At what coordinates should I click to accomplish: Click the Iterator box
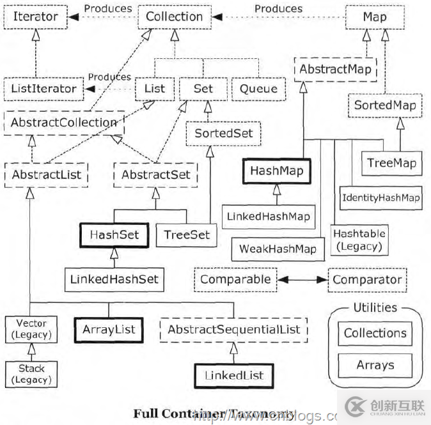pyautogui.click(x=36, y=17)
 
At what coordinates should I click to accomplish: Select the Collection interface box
pyautogui.click(x=174, y=17)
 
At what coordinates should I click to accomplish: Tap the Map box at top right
pyautogui.click(x=374, y=17)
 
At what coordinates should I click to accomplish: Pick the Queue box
pyautogui.click(x=258, y=89)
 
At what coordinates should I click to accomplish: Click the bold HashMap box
pyautogui.click(x=276, y=171)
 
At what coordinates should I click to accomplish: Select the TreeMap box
pyautogui.click(x=391, y=163)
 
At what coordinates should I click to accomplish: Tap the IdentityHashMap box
pyautogui.click(x=380, y=197)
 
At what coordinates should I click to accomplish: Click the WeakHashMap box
pyautogui.click(x=278, y=249)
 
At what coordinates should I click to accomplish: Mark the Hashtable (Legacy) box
pyautogui.click(x=359, y=240)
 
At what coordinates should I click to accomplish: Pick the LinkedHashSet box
pyautogui.click(x=114, y=279)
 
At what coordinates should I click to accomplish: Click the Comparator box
pyautogui.click(x=366, y=280)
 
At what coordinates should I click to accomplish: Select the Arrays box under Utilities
pyautogui.click(x=375, y=366)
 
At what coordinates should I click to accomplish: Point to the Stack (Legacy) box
pyautogui.click(x=31, y=374)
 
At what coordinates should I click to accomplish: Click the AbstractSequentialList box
pyautogui.click(x=233, y=330)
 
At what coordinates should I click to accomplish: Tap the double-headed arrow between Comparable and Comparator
pyautogui.click(x=302, y=280)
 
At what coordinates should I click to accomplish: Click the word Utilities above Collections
pyautogui.click(x=375, y=308)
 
